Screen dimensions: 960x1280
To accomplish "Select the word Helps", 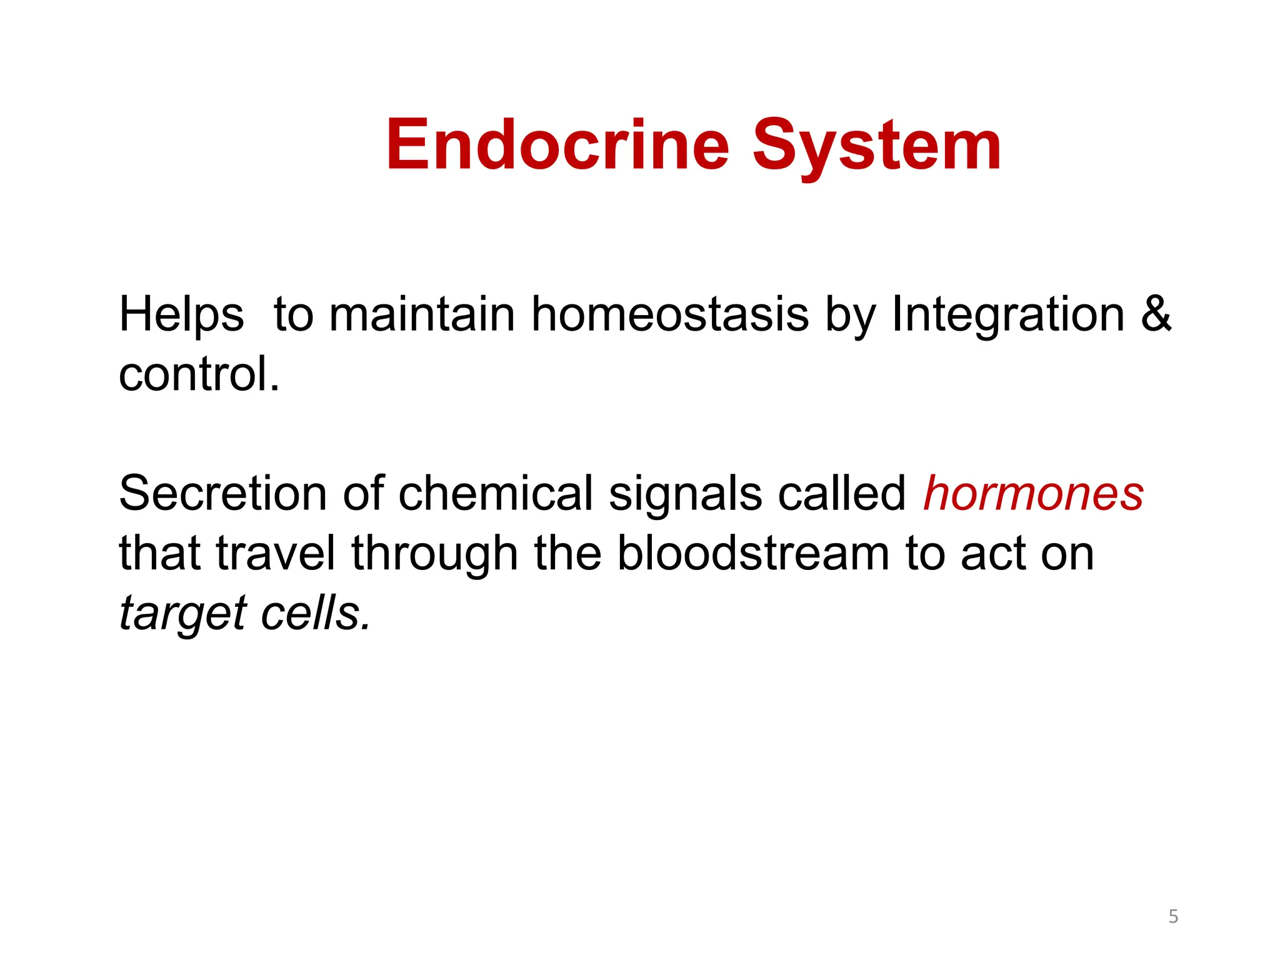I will (181, 315).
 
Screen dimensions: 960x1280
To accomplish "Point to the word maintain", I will (422, 314).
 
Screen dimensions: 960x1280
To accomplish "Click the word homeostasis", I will (670, 314).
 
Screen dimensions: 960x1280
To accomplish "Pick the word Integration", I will (1007, 314).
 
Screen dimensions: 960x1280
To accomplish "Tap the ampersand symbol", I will (1156, 314).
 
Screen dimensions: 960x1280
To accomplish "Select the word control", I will (199, 374).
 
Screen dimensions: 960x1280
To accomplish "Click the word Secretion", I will (222, 493).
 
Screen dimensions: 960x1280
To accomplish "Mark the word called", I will (841, 493).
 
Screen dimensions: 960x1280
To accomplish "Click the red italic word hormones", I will (1034, 493).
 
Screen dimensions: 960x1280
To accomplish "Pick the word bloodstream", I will (753, 553).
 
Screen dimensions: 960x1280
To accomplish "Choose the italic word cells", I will (315, 613).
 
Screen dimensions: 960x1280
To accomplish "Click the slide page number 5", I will (1173, 916).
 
